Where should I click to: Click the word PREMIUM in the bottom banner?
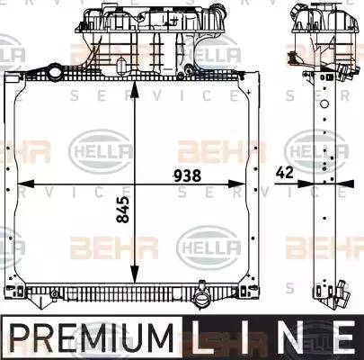coord(90,338)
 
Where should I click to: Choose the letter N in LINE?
coord(288,338)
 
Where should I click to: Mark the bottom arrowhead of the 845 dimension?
coord(134,278)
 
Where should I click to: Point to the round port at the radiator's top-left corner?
coord(55,71)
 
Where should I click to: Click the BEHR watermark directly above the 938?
coord(208,150)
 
